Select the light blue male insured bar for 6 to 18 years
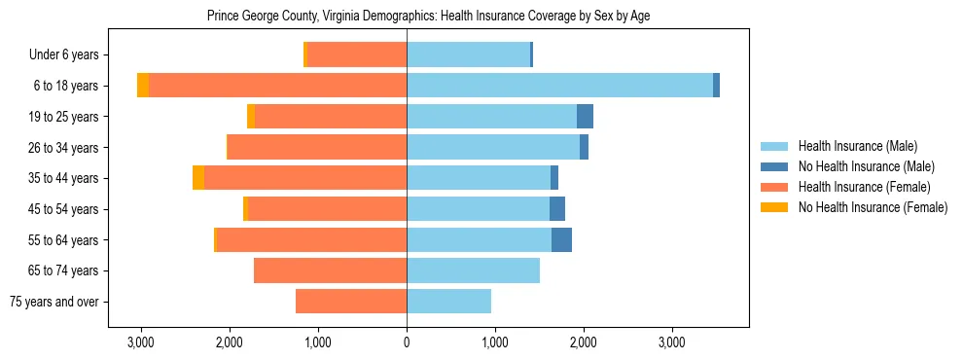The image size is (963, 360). (x=559, y=86)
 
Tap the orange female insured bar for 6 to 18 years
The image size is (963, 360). (x=277, y=86)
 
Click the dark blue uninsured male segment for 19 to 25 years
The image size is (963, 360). (x=585, y=117)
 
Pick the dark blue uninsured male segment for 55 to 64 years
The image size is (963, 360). (x=561, y=240)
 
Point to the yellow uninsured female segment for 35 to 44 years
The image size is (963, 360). (x=198, y=178)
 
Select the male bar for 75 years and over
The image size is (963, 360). (x=448, y=302)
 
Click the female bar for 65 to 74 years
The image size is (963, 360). (x=330, y=270)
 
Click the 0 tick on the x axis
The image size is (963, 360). (x=407, y=342)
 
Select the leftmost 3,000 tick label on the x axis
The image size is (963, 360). (x=141, y=342)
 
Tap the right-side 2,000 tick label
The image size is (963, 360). (x=584, y=342)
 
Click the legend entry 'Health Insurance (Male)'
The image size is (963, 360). (x=857, y=146)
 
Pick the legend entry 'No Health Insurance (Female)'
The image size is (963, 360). (x=873, y=207)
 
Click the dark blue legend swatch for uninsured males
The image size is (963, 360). (x=774, y=166)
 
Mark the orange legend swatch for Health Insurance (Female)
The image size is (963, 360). (x=774, y=187)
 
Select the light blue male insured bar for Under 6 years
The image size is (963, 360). (x=468, y=55)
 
